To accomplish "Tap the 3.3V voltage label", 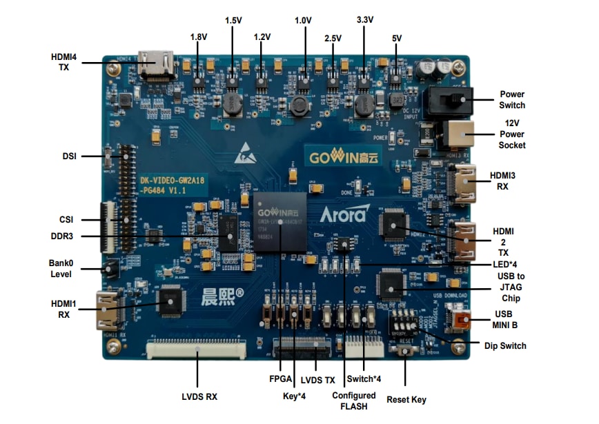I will (365, 20).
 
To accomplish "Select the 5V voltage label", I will (396, 39).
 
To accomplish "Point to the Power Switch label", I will (512, 99).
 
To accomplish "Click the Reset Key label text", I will (406, 399).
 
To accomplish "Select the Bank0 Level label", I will (61, 269).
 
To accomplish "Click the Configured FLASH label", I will (354, 401).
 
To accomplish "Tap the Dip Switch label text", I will (506, 345).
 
